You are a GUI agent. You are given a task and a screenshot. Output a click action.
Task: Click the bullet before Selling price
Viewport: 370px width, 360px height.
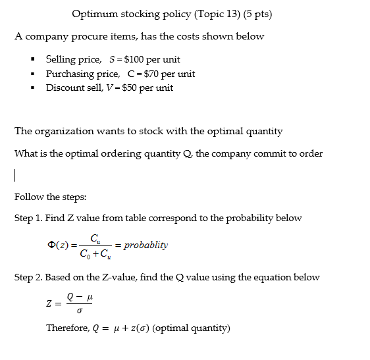[x=31, y=60]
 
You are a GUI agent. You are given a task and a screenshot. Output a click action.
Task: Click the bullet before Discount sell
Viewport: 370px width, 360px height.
[x=31, y=88]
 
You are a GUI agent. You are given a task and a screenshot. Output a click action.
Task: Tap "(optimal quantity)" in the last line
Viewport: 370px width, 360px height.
[x=191, y=328]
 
